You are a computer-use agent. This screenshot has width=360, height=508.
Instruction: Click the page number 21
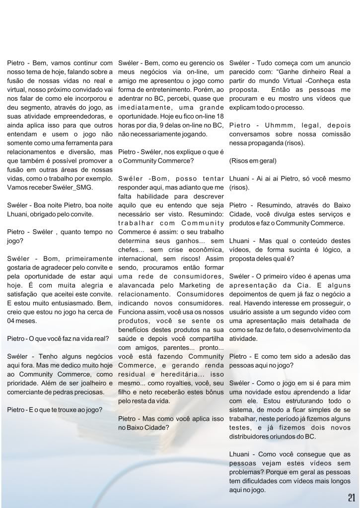pos(351,498)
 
